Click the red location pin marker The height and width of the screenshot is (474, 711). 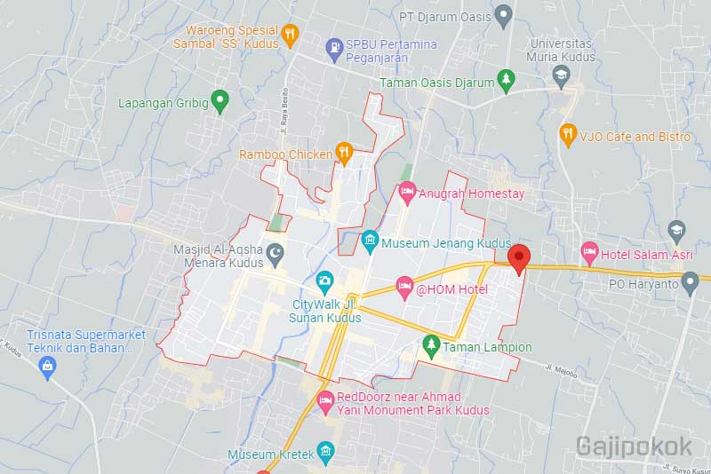(519, 257)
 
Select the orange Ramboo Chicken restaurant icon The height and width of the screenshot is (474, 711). (345, 153)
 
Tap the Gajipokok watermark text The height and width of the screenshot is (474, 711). (638, 446)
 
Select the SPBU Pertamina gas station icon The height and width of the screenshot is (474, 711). (334, 44)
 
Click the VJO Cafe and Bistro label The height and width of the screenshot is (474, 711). (635, 137)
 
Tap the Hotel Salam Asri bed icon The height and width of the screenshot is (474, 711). (588, 252)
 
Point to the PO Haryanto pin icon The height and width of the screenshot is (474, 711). (689, 283)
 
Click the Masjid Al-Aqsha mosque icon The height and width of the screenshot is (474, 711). (275, 255)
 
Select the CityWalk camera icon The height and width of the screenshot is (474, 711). (324, 280)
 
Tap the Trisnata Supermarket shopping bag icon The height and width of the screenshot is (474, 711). (49, 369)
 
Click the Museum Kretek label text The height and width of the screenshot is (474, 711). (271, 454)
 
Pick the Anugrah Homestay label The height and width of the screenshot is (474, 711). (472, 193)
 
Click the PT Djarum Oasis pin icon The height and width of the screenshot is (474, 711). (503, 14)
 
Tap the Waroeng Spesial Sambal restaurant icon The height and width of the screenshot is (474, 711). (289, 35)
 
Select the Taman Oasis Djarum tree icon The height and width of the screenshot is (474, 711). (506, 80)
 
